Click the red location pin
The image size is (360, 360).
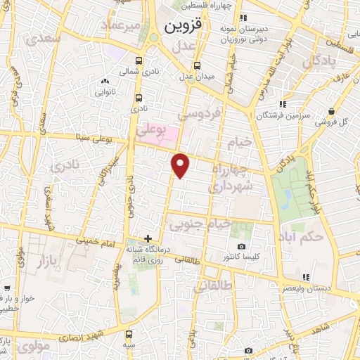coord(181,165)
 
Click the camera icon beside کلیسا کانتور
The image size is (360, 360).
coord(242,246)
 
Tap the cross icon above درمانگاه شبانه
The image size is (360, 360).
coord(148,238)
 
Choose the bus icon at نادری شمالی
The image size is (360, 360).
coord(139,61)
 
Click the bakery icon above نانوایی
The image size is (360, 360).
coord(105,81)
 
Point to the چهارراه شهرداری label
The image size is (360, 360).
coord(231,177)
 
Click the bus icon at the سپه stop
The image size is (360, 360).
coord(129,334)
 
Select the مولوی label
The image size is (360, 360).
coord(32,345)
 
